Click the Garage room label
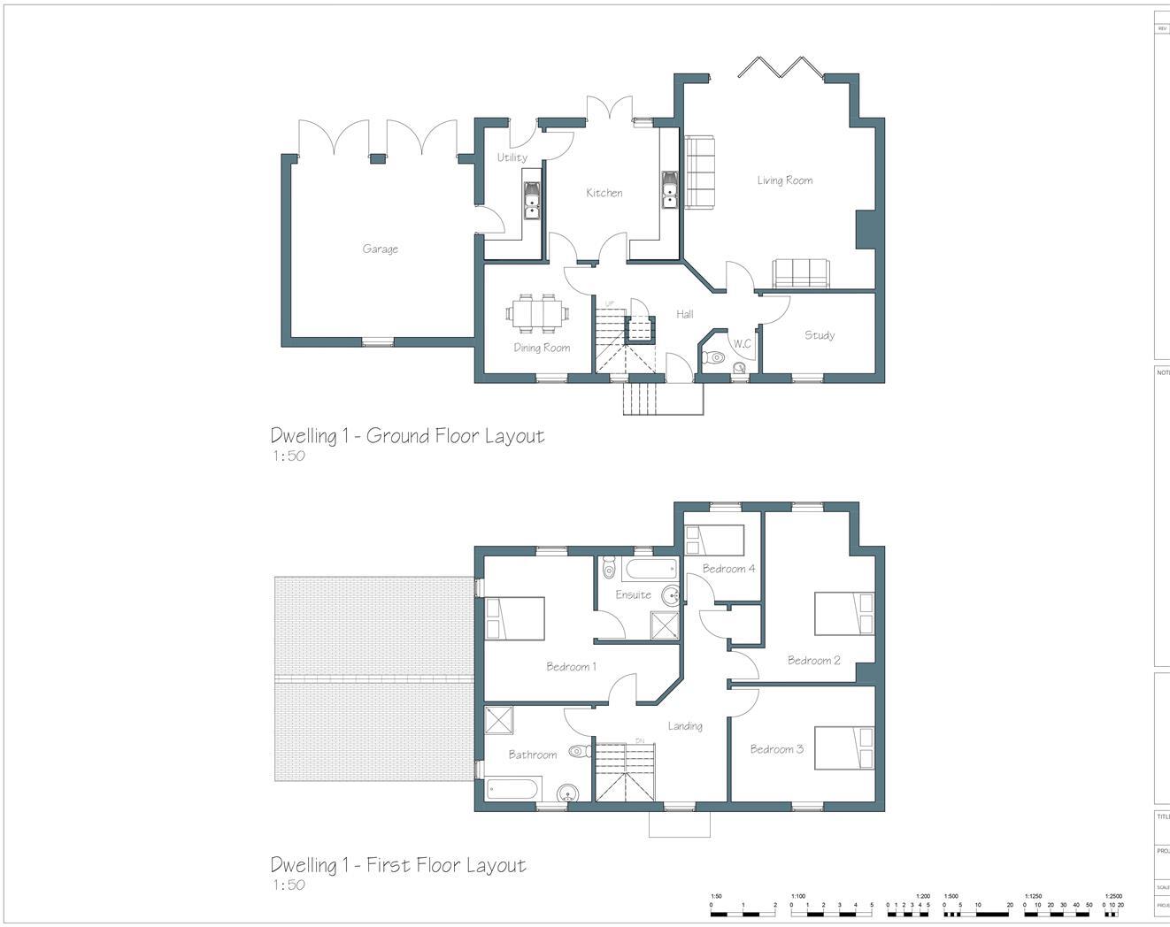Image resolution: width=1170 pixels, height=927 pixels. (380, 249)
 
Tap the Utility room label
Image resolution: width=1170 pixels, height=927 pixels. (512, 157)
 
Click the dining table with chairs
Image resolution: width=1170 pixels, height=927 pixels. (537, 312)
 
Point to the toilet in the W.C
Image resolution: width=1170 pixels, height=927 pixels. (713, 357)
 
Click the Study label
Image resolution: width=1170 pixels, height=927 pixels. (820, 335)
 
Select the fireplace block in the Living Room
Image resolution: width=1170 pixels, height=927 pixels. (866, 230)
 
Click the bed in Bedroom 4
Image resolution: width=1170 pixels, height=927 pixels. (714, 539)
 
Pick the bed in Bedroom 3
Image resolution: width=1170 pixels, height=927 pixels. (844, 747)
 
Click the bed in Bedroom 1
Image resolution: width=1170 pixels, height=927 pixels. (514, 617)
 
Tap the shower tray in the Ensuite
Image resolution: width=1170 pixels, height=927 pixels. (664, 624)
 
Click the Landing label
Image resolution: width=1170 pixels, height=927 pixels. (685, 726)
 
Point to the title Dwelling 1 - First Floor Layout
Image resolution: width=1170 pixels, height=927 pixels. (398, 865)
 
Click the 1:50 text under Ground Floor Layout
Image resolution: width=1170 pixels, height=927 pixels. (288, 456)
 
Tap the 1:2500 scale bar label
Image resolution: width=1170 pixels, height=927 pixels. (1113, 896)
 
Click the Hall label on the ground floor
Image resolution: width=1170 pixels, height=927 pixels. (685, 314)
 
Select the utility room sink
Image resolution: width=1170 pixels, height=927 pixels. (532, 200)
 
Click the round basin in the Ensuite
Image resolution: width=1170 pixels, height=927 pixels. (671, 594)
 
